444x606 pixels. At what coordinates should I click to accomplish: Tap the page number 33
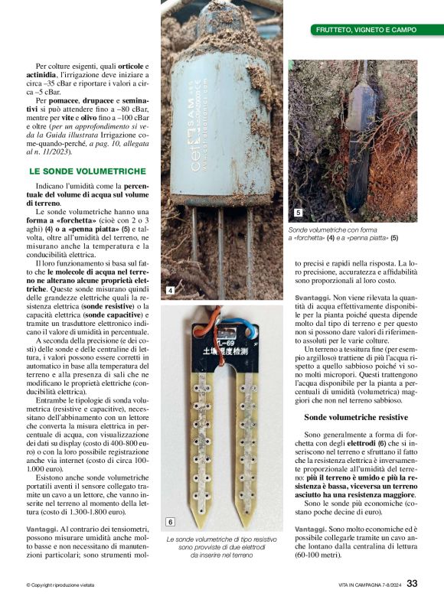pyautogui.click(x=412, y=585)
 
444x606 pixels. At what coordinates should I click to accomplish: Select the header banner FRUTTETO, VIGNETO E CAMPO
pyautogui.click(x=367, y=30)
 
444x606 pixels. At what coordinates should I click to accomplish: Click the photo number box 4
pyautogui.click(x=170, y=291)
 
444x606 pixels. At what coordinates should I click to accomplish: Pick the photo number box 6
pyautogui.click(x=170, y=522)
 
